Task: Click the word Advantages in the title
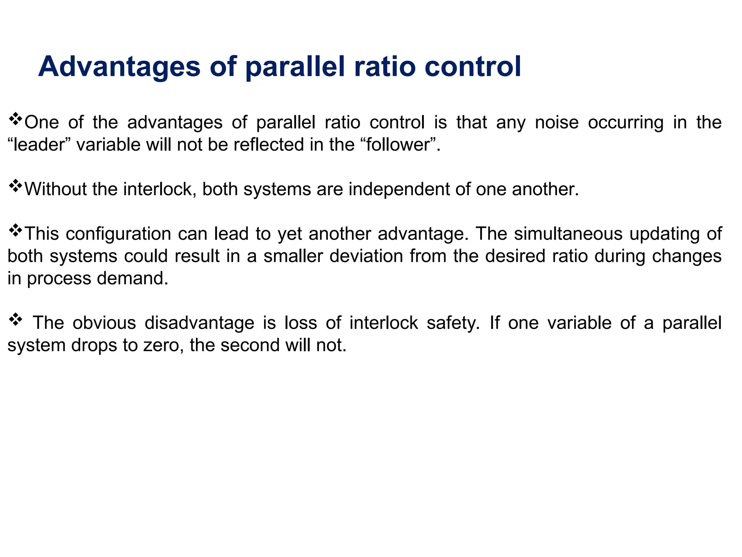[119, 67]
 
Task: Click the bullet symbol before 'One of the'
[15, 119]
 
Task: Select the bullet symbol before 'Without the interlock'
[15, 186]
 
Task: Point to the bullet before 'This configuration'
[15, 231]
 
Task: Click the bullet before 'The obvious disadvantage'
[15, 320]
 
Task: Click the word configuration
[118, 234]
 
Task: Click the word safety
[453, 323]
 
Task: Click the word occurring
[625, 123]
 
